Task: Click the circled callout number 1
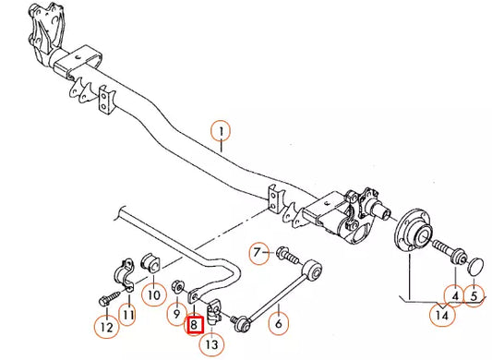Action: tap(222, 132)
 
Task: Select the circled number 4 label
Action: tap(453, 296)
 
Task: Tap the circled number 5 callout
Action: tap(475, 296)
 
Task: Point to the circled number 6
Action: tap(279, 323)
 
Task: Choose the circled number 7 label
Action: tap(260, 250)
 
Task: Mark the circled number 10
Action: tap(152, 295)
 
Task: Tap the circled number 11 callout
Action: tap(129, 316)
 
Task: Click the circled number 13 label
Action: tap(213, 344)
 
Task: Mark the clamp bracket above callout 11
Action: tap(123, 273)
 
